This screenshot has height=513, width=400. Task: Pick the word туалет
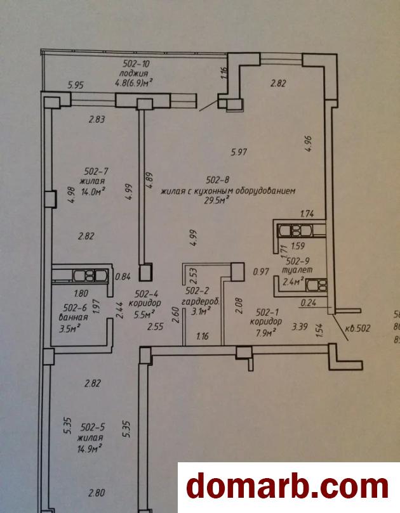tap(297, 269)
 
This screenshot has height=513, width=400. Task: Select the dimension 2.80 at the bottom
tap(97, 493)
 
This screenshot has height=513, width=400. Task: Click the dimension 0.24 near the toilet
tap(309, 302)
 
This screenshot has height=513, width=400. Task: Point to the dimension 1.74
tap(307, 214)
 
